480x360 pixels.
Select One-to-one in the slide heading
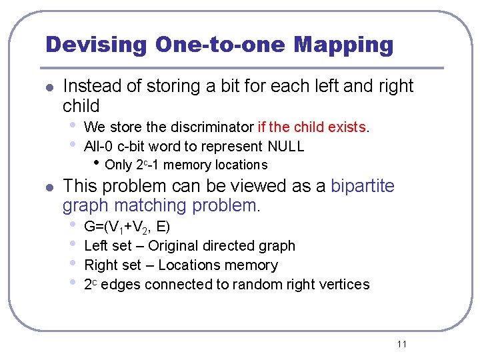[219, 45]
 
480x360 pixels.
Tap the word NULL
[285, 146]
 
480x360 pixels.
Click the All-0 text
[99, 146]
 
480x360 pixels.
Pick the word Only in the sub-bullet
[119, 165]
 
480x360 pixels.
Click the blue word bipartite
[363, 186]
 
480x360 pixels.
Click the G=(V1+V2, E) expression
[127, 227]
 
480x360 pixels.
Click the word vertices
[345, 284]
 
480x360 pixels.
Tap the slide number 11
[401, 344]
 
